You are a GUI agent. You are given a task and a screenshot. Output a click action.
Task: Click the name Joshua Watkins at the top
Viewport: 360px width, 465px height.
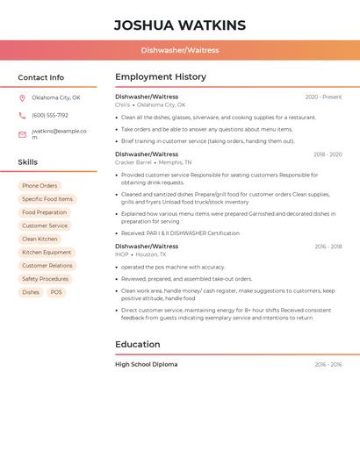coord(180,25)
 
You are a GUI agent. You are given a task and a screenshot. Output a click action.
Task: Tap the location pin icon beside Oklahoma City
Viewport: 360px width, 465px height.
coord(22,97)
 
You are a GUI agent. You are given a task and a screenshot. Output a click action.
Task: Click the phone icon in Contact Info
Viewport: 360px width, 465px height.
coord(22,115)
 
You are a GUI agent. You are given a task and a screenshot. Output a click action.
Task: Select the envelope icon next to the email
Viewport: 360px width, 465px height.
coord(22,134)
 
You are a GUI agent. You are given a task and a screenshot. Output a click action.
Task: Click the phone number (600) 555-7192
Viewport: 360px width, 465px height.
coord(50,115)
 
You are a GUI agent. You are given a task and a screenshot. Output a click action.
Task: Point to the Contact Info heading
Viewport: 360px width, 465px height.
coord(41,77)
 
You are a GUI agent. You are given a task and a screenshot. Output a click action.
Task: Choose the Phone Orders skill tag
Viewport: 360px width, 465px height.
coord(40,186)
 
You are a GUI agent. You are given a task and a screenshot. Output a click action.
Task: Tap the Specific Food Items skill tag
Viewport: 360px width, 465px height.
coord(47,199)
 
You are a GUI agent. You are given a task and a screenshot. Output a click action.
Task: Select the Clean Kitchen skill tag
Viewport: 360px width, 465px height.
coord(40,239)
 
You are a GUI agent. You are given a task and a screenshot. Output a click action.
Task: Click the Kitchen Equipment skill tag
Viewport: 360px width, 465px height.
coord(47,252)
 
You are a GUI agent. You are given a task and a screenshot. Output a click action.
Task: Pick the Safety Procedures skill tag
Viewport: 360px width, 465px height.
coord(45,279)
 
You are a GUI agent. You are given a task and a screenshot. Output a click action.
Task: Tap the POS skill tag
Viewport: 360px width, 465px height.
coord(56,292)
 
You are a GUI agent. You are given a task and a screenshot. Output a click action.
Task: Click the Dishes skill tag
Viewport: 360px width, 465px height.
coord(31,292)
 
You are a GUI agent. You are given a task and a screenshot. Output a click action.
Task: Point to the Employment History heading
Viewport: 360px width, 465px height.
coord(161,77)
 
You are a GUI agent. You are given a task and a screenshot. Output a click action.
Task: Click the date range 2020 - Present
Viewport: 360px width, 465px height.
coord(323,97)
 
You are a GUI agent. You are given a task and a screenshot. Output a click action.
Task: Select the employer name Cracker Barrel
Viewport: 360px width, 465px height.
coord(133,162)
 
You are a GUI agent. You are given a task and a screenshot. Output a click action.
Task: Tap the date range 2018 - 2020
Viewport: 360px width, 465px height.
coord(328,154)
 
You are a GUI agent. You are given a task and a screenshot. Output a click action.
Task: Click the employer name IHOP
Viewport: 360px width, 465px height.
coord(121,254)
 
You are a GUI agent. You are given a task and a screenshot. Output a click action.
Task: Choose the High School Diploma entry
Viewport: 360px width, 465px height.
coord(146,364)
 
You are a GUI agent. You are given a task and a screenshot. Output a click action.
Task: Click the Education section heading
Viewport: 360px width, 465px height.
coord(138,345)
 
